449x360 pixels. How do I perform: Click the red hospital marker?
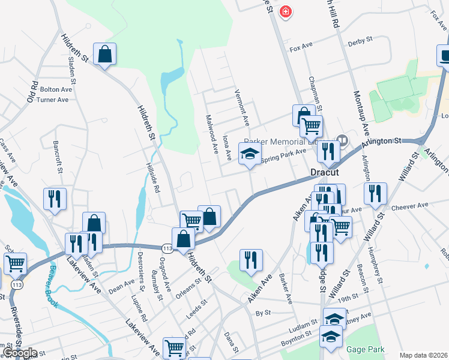[286, 11]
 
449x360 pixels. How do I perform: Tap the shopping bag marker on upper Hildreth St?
[104, 54]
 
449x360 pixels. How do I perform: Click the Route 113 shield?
[168, 247]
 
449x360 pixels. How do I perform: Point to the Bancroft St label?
[58, 157]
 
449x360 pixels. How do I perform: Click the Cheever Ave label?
[410, 205]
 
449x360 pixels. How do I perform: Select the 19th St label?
[347, 298]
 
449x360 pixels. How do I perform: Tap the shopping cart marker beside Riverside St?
[15, 263]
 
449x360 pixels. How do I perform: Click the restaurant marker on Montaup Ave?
[375, 193]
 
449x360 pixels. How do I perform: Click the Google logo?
[20, 353]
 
